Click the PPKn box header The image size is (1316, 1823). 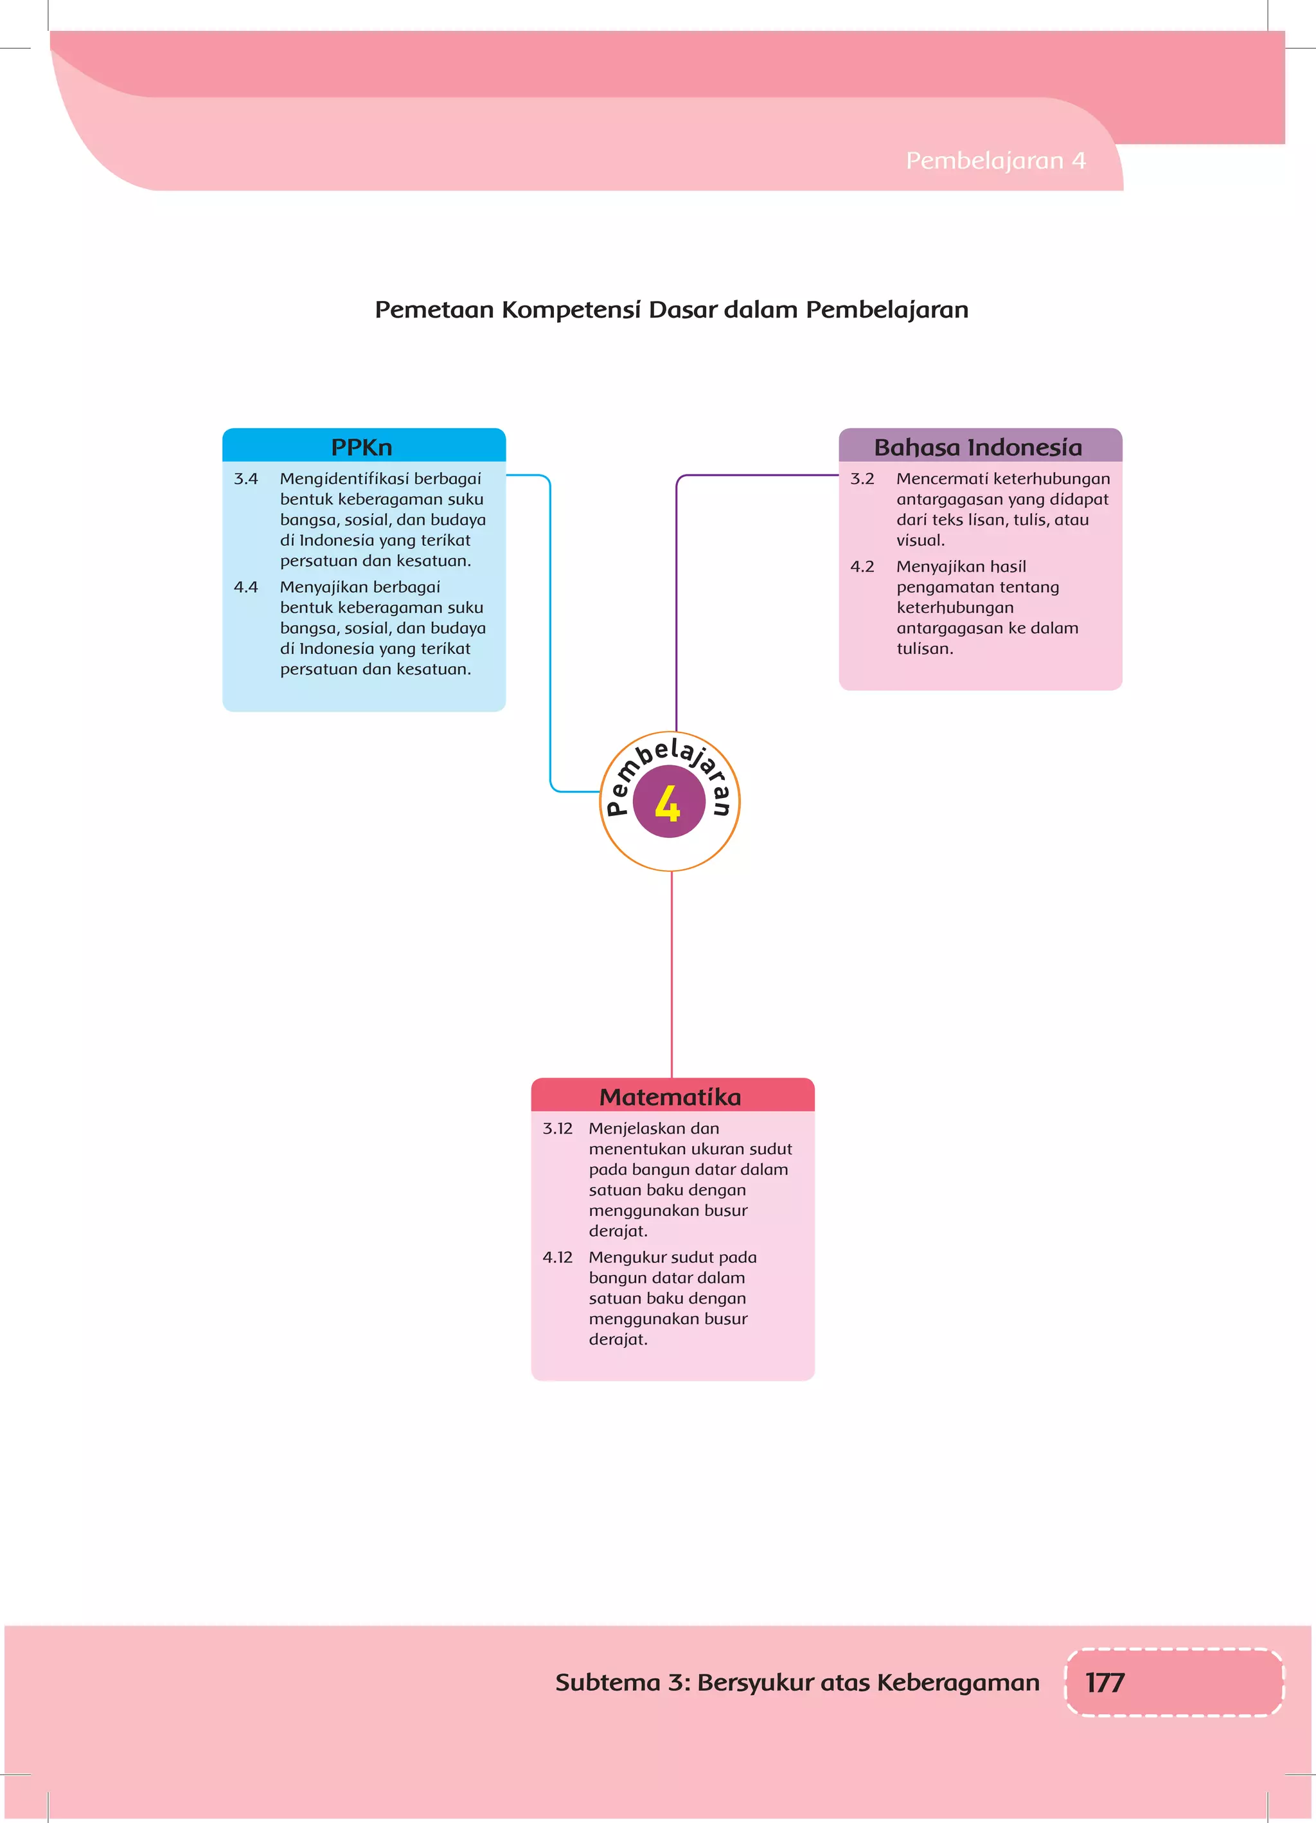click(362, 447)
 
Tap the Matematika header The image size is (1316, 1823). click(671, 1096)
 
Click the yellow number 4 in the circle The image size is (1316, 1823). click(668, 803)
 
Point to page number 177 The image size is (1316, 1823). click(1105, 1682)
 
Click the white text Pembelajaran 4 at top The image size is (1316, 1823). click(995, 161)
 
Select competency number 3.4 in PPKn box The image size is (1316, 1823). click(246, 479)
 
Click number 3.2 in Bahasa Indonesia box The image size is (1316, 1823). click(862, 479)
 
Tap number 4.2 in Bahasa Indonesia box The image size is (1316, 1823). click(862, 567)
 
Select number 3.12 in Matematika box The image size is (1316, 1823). click(558, 1129)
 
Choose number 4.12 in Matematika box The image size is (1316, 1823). click(558, 1257)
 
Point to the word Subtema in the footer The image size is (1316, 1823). click(607, 1682)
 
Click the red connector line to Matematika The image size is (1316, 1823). click(671, 972)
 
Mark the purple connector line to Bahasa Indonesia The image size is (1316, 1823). click(677, 603)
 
